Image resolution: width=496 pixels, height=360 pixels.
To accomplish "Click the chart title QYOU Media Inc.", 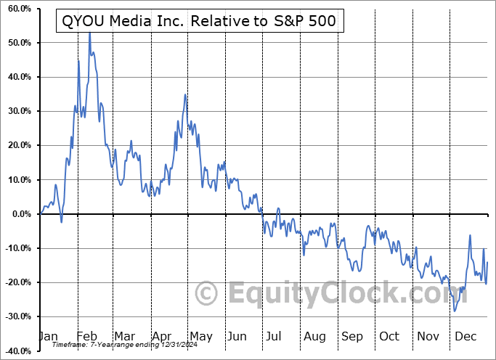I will (196, 21).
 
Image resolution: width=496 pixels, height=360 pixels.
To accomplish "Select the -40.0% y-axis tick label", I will (17, 351).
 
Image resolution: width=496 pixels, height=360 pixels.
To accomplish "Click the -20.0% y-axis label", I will (17, 282).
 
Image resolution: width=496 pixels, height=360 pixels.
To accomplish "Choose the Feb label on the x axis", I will (86, 337).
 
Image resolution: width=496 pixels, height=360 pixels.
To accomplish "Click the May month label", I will (200, 337).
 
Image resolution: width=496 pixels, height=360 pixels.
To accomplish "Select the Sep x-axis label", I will (352, 337).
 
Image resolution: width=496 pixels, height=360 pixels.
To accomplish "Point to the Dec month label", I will (465, 337).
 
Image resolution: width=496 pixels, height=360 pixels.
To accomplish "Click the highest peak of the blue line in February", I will (89, 33).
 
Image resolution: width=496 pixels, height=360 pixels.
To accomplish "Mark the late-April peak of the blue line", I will (185, 95).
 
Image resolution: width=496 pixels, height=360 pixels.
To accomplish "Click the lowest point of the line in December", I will (455, 311).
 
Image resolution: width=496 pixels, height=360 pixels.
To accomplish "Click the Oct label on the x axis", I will (390, 337).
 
